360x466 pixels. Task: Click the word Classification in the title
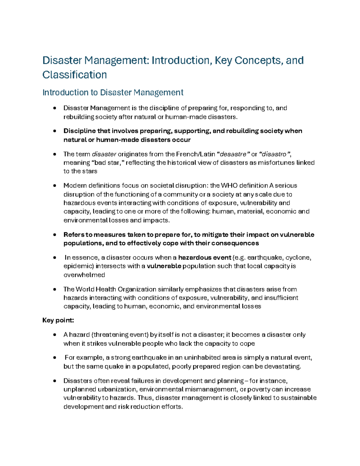tap(74, 75)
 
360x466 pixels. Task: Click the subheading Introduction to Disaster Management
tap(113, 92)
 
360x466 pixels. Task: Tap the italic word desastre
tap(233, 154)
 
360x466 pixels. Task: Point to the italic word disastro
tap(274, 154)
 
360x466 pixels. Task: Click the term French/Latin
tap(195, 154)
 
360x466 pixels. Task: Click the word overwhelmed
tap(84, 275)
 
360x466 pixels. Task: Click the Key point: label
tap(58, 320)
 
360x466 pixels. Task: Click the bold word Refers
tap(74, 235)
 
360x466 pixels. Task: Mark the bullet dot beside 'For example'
tap(54, 358)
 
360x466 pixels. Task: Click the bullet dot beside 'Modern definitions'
tap(54, 185)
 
